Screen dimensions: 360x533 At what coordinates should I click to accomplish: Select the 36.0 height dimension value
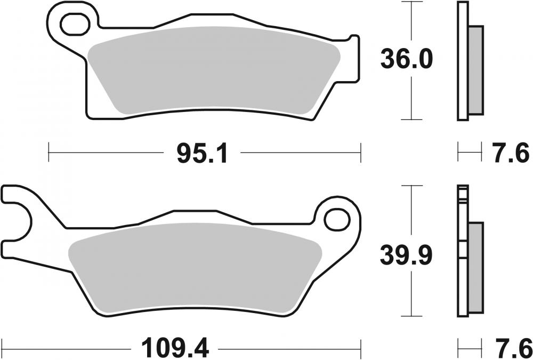406,60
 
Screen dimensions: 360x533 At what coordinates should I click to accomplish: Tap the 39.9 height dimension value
406,256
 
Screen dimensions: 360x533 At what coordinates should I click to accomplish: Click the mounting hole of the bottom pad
335,218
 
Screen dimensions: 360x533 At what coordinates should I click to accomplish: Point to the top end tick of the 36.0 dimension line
411,2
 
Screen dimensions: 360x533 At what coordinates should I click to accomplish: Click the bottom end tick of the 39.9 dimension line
411,316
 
